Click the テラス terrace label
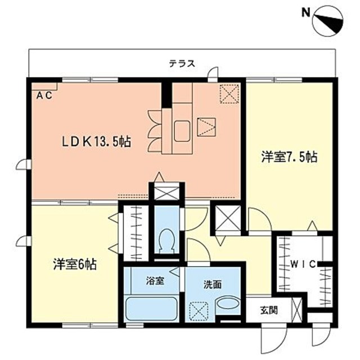coord(182,64)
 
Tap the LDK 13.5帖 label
coord(97,142)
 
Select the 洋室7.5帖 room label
coord(289,157)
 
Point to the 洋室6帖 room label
coord(75,264)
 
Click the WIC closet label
coord(303,264)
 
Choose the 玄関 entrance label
coord(269,310)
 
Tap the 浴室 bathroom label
coord(155,281)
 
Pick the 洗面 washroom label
coord(213,285)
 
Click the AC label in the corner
coord(44,96)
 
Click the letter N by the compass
coord(305,13)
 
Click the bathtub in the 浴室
coord(151,309)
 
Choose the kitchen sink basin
coord(182,131)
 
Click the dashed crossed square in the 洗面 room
coord(199,312)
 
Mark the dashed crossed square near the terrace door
coord(229,94)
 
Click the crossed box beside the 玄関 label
coord(296,310)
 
